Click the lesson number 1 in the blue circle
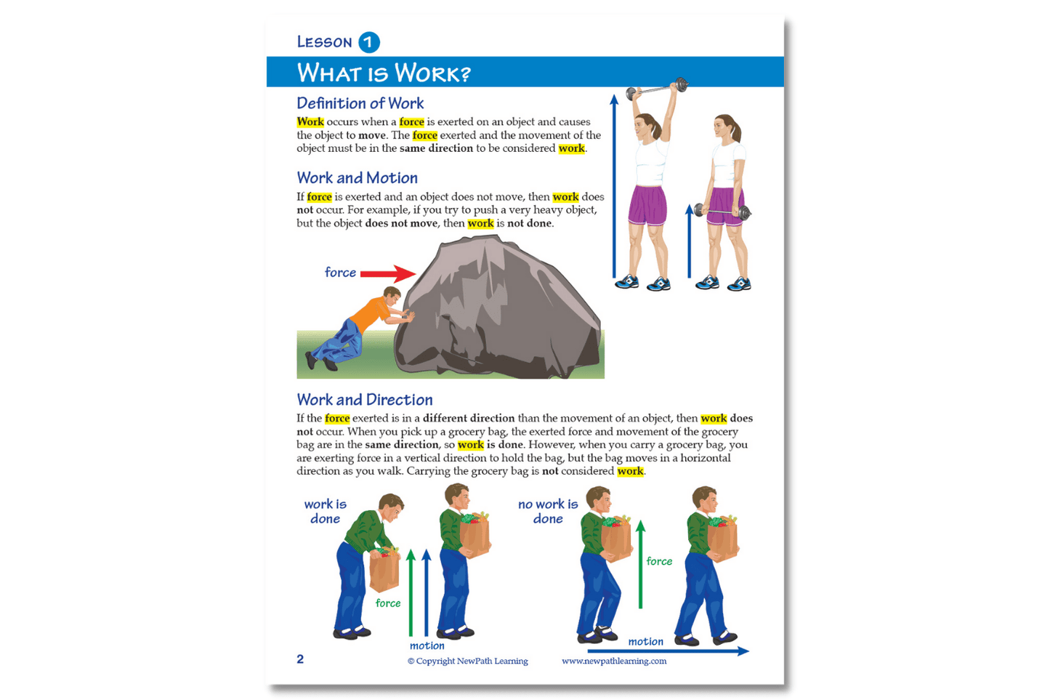tap(369, 42)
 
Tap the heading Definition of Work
tap(360, 103)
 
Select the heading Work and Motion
tap(357, 177)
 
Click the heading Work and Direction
tap(364, 400)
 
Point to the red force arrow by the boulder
tap(388, 274)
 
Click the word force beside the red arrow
tap(340, 273)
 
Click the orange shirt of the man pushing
tap(371, 313)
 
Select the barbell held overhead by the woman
tap(657, 88)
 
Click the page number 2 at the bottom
tap(300, 659)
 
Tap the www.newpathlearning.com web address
tap(614, 661)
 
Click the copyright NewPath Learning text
tap(468, 661)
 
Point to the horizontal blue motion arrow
tap(669, 651)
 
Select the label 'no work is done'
tap(548, 512)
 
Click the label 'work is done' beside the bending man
tap(326, 512)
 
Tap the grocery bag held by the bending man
tap(385, 570)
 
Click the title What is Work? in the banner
tap(384, 73)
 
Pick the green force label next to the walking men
tap(659, 561)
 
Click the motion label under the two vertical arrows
tap(427, 645)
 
